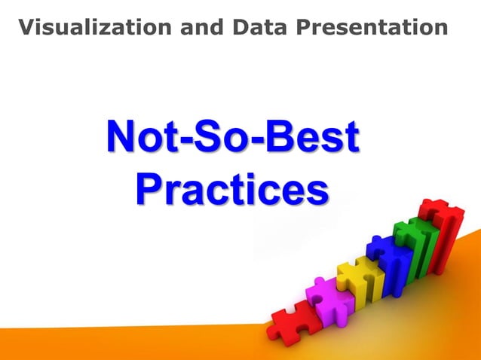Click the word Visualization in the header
coord(94,28)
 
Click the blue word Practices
coord(232,190)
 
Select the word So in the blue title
coord(222,140)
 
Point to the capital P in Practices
coord(149,190)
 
